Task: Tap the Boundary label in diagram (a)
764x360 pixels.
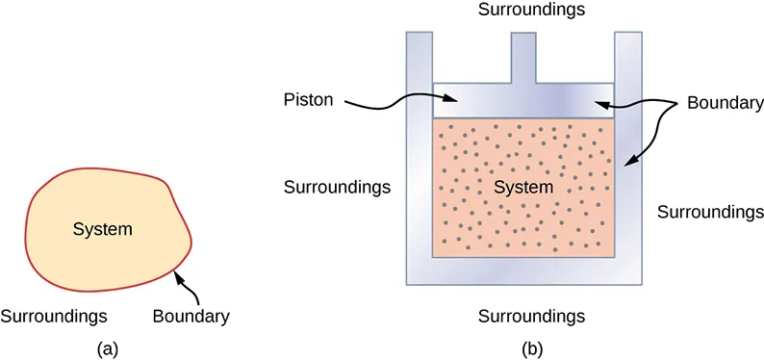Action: [x=191, y=315]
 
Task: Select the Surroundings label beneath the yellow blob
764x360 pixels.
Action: [x=53, y=315]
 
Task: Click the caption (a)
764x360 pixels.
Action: [x=107, y=347]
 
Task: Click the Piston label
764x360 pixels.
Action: [x=309, y=99]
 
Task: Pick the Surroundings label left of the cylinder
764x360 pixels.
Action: [x=337, y=186]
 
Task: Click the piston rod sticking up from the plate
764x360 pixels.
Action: [x=522, y=58]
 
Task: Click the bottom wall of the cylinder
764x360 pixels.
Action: [x=524, y=270]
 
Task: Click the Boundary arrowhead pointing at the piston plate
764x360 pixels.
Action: [x=598, y=99]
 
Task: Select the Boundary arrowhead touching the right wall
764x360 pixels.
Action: [x=627, y=165]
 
